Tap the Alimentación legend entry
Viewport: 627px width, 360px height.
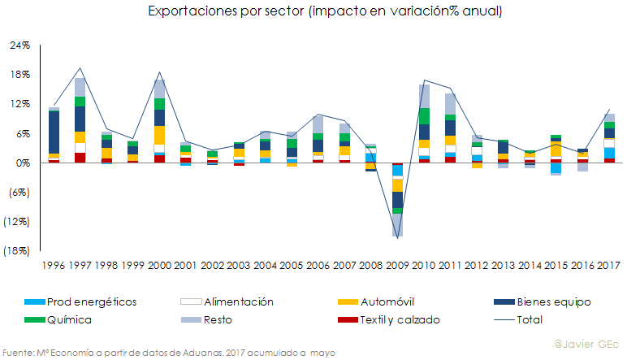[x=227, y=302]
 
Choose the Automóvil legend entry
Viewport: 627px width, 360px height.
[x=385, y=302]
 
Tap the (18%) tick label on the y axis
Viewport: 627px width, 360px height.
[x=17, y=251]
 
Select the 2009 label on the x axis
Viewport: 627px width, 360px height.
[x=398, y=265]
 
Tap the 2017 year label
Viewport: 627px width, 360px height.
[x=610, y=265]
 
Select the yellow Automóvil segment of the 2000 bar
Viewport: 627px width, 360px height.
[x=159, y=135]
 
